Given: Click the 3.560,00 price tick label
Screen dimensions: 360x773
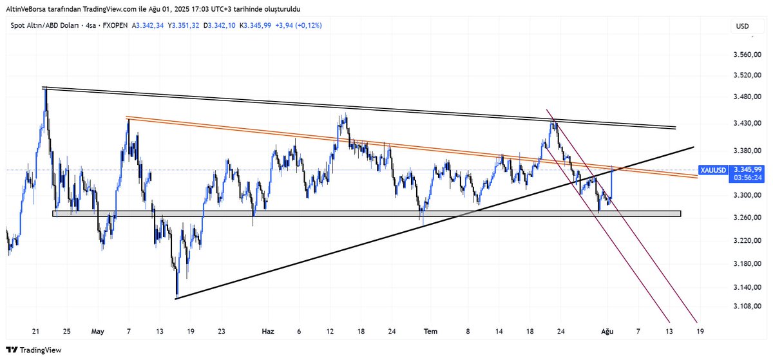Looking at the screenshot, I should tap(747, 55).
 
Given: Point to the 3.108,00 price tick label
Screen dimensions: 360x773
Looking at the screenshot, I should tap(747, 307).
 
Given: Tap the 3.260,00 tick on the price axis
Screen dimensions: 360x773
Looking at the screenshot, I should tap(747, 218).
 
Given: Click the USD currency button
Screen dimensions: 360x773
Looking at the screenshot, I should tap(743, 26).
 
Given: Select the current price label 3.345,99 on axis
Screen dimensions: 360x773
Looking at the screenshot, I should tap(747, 170).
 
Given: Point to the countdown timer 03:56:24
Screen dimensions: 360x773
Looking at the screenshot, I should tap(747, 177).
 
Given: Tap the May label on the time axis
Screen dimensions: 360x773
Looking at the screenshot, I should tap(97, 331).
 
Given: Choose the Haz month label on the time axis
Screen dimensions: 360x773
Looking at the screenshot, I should tap(268, 331).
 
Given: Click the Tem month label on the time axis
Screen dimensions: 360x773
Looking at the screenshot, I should tap(430, 331).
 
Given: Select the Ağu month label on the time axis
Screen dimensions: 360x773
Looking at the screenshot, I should tap(606, 331).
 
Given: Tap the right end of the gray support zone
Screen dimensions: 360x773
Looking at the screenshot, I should tap(679, 213).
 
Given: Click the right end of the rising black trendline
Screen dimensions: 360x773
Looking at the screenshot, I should tap(693, 147).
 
